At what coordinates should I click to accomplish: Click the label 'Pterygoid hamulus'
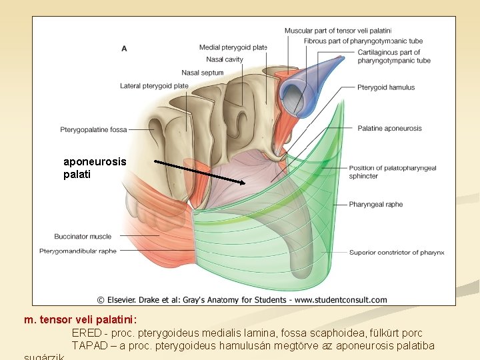tap(385, 87)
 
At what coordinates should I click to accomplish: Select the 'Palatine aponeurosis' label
tap(389, 128)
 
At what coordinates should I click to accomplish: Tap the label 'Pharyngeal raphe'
tap(375, 205)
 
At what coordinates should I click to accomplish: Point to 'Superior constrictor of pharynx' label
tap(396, 253)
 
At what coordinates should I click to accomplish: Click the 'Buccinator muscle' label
tap(83, 237)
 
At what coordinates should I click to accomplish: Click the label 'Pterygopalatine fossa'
tap(93, 129)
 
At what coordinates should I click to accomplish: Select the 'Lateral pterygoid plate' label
tap(154, 86)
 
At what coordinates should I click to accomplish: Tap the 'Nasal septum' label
tap(202, 73)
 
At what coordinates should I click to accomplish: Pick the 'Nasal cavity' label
tap(225, 59)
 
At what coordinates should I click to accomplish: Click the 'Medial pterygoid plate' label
tap(233, 47)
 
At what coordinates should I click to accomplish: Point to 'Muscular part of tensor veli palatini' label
tap(337, 31)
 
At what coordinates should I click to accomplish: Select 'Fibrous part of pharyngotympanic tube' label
tap(363, 41)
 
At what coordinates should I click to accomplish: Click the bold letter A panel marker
tap(124, 48)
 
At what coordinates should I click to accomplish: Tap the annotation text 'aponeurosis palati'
tap(94, 168)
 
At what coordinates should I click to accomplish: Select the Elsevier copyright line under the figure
tap(241, 300)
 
